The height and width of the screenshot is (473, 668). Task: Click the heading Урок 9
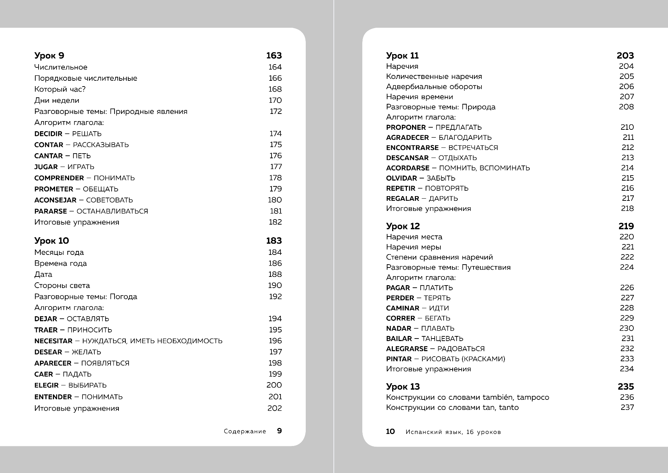pos(49,56)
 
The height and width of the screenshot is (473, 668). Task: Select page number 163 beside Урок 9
pos(274,56)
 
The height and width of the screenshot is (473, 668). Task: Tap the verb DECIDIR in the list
pos(48,134)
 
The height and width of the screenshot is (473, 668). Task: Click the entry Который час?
pos(60,89)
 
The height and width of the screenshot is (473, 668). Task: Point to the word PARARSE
pos(51,211)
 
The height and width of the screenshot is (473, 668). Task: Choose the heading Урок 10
pos(51,241)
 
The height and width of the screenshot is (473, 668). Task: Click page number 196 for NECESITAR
pos(275,341)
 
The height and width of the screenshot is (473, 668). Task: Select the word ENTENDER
pos(53,397)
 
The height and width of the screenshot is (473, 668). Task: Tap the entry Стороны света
pos(62,286)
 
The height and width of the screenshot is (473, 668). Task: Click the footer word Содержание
pos(245,431)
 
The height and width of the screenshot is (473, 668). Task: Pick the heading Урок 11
pos(402,56)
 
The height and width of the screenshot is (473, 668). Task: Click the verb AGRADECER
pos(408,137)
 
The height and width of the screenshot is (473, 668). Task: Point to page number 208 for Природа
pos(626,107)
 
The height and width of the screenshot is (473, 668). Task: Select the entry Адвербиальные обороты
pos(434,87)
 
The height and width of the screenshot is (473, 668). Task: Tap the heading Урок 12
pos(403,226)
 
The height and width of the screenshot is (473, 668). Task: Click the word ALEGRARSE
pos(407,349)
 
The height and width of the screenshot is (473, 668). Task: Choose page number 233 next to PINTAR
pos(627,359)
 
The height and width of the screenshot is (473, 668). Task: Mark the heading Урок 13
pos(403,386)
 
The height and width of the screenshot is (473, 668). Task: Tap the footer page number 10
pos(390,432)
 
